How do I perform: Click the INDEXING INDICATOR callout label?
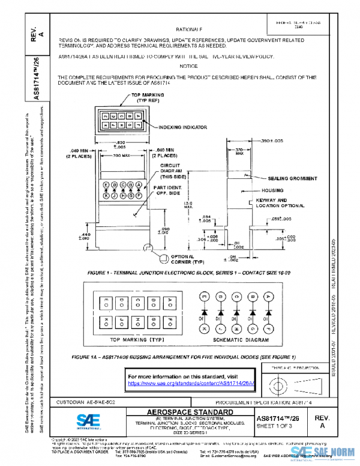(x=183, y=128)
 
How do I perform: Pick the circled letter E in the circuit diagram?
(x=106, y=184)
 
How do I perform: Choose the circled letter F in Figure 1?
(x=139, y=195)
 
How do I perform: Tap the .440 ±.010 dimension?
(x=85, y=236)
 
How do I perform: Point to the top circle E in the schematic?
(x=205, y=296)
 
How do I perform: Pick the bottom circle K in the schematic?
(x=205, y=328)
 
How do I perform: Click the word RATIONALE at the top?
(x=189, y=29)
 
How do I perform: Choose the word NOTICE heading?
(x=188, y=66)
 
